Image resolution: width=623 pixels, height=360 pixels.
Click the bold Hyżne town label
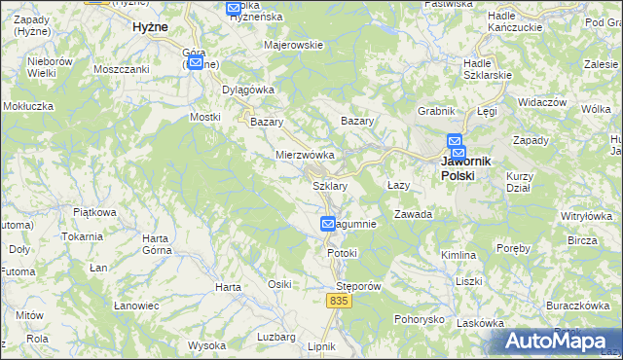click(153, 28)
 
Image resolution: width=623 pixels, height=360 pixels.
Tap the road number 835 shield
click(338, 303)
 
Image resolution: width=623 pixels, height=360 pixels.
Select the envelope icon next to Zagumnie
click(329, 225)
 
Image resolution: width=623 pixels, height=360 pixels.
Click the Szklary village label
click(330, 185)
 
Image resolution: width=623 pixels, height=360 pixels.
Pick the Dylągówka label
click(249, 90)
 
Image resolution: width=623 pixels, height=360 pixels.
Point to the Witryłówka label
click(584, 215)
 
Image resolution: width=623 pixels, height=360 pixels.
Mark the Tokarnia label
click(82, 236)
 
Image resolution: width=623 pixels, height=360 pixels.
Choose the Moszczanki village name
click(121, 70)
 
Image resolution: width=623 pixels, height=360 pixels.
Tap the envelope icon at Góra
click(196, 63)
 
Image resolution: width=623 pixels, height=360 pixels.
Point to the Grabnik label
click(436, 111)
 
